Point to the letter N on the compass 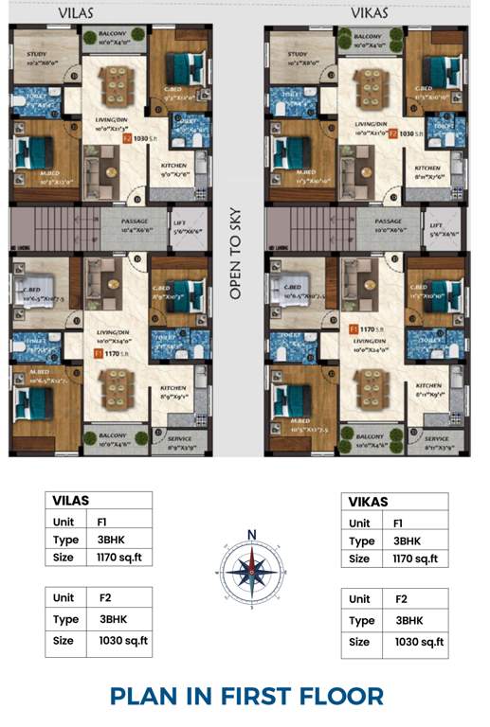pyautogui.click(x=252, y=535)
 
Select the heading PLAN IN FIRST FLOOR pyautogui.click(x=246, y=696)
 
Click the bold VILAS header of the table pyautogui.click(x=70, y=502)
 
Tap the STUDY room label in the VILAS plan pyautogui.click(x=38, y=54)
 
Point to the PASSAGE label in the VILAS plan pyautogui.click(x=136, y=220)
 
